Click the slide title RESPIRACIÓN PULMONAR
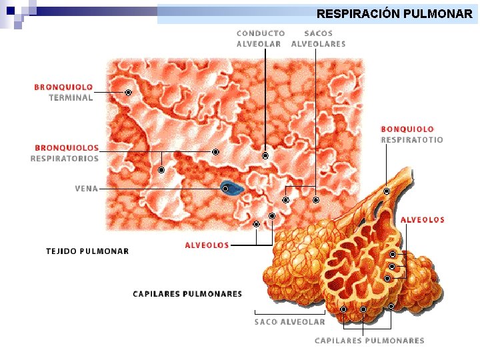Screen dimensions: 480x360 tap(394, 13)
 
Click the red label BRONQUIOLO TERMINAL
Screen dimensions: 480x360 tap(64, 92)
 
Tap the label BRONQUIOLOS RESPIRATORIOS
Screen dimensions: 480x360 tap(65, 153)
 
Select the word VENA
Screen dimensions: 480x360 tap(87, 189)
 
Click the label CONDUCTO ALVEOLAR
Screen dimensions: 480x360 tap(260, 39)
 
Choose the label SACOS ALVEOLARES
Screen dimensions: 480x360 tap(318, 39)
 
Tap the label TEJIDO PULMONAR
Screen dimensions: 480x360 tap(87, 251)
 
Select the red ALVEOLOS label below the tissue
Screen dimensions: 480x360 tap(207, 245)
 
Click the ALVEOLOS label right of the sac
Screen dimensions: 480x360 tap(422, 219)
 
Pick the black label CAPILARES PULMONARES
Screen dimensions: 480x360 tap(187, 293)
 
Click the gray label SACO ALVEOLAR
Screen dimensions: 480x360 tap(290, 321)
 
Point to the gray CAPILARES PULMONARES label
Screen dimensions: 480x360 tap(369, 341)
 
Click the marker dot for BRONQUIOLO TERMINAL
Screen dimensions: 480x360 tap(128, 92)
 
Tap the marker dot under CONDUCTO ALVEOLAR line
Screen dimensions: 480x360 tap(265, 156)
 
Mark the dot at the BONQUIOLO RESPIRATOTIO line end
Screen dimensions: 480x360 tap(387, 191)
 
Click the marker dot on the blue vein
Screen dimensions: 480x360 tap(225, 189)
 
